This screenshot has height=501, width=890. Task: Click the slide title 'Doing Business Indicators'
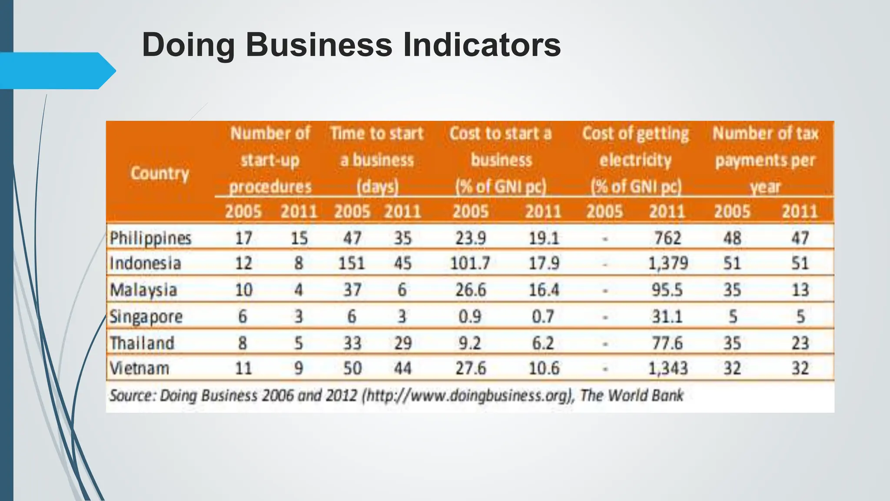click(351, 45)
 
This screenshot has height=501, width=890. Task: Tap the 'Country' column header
click(160, 174)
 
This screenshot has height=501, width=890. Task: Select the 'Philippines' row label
click(150, 238)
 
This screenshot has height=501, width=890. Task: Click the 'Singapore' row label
click(146, 317)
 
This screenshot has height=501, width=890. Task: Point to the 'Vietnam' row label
click(139, 369)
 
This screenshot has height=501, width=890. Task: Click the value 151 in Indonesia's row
click(352, 264)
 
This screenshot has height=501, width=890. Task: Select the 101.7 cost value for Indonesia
click(470, 264)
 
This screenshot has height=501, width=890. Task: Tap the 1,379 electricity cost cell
click(668, 264)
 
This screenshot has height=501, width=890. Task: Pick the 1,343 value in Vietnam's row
click(668, 369)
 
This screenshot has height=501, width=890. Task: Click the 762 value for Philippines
click(668, 238)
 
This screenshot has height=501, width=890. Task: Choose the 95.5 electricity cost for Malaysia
click(667, 290)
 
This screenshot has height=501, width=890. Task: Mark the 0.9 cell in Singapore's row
click(470, 317)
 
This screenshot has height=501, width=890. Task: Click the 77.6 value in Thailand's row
click(667, 343)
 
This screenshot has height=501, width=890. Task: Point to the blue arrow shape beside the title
click(56, 71)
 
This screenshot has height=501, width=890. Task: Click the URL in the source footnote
click(468, 396)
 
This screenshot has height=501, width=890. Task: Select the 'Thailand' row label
click(142, 343)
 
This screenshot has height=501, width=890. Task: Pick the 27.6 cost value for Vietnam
click(471, 369)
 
